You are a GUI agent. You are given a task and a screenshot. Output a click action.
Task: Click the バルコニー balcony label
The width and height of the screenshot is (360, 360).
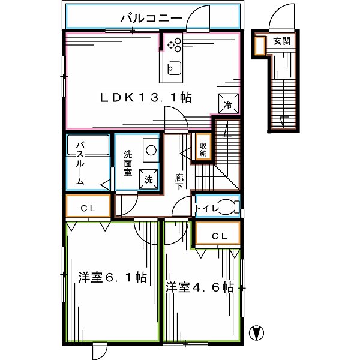pos(151,19)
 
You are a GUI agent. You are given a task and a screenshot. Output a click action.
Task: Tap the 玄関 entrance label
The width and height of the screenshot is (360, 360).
pos(281,41)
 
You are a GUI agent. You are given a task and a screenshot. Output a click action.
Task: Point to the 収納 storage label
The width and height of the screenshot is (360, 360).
pos(203,148)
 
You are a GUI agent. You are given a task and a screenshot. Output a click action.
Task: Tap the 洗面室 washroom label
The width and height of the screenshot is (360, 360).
pos(128,163)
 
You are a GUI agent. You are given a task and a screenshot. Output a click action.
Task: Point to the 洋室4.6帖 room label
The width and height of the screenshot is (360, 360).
pos(200,287)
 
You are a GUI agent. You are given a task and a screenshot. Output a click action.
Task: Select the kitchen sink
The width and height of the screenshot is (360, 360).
pos(173,68)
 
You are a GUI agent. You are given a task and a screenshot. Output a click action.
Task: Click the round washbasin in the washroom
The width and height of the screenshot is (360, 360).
pos(150,150)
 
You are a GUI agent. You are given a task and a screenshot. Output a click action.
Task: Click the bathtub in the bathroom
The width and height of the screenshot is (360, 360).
pos(88,146)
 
